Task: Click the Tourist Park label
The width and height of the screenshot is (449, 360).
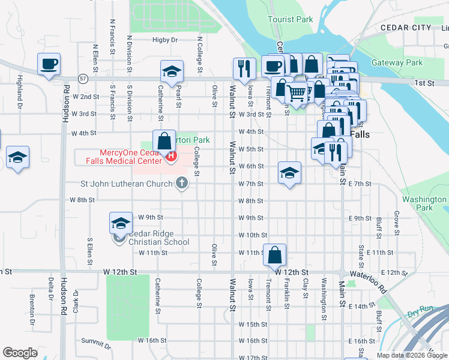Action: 291,19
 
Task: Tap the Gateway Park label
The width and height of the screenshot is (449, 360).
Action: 397,62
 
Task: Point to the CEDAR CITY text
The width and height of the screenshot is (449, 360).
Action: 406,28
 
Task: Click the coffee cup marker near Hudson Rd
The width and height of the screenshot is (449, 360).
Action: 49,63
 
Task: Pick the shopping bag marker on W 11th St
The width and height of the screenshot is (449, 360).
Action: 274,254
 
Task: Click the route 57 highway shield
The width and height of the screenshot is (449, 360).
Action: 82,78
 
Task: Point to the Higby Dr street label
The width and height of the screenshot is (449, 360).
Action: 166,40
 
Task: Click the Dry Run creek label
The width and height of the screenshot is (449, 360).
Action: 420,313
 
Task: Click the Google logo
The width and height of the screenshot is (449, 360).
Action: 20,353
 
